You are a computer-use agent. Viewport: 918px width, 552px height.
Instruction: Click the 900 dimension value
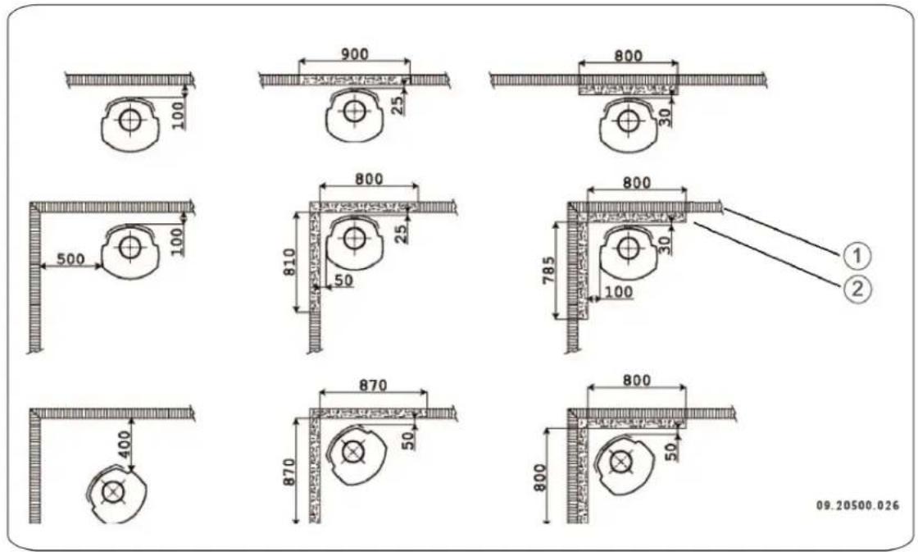pos(355,54)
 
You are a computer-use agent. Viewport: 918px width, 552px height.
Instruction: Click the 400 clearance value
pos(123,446)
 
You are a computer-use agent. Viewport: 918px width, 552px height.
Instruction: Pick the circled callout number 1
pos(855,256)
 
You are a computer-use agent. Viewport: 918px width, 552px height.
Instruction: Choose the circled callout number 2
pos(855,289)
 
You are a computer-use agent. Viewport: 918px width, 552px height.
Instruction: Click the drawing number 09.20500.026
pos(857,505)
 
